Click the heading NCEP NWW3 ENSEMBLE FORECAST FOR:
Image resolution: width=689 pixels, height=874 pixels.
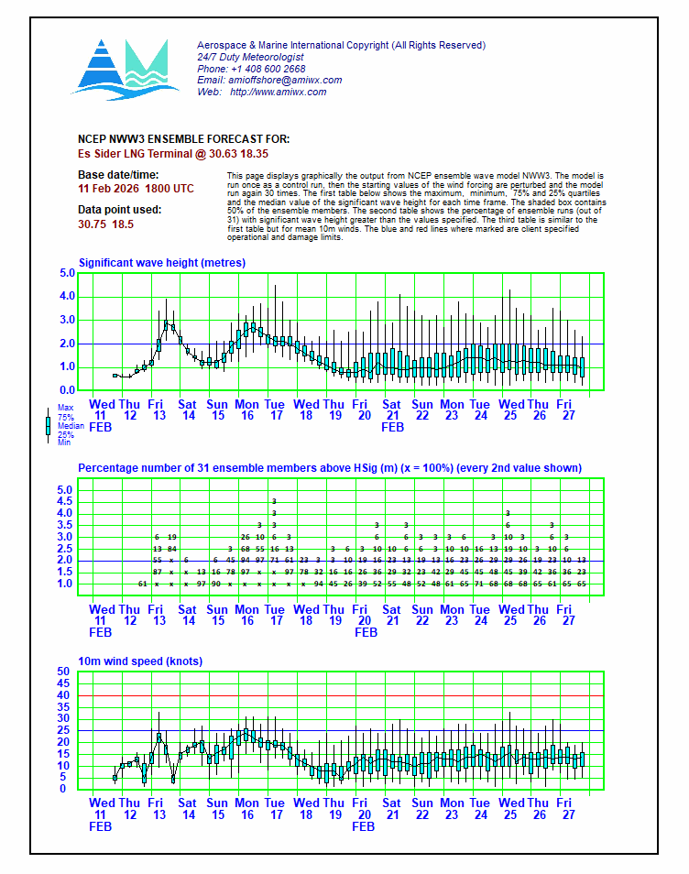point(170,139)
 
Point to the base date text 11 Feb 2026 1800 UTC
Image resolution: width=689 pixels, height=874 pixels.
point(136,188)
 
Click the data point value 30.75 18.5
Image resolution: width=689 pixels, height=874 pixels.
point(106,224)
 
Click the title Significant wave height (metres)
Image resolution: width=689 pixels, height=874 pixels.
point(162,263)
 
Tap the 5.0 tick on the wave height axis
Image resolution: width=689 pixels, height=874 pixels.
point(67,273)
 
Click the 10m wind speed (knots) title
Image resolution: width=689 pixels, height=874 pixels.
point(140,661)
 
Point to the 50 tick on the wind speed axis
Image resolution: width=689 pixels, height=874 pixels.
point(64,672)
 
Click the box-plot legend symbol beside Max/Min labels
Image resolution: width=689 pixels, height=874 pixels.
point(48,426)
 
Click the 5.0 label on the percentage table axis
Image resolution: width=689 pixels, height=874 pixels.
point(64,490)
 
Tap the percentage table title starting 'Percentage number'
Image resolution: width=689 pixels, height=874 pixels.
point(329,468)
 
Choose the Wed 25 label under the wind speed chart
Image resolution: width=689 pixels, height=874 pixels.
point(511,809)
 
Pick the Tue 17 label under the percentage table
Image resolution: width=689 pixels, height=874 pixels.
point(275,616)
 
